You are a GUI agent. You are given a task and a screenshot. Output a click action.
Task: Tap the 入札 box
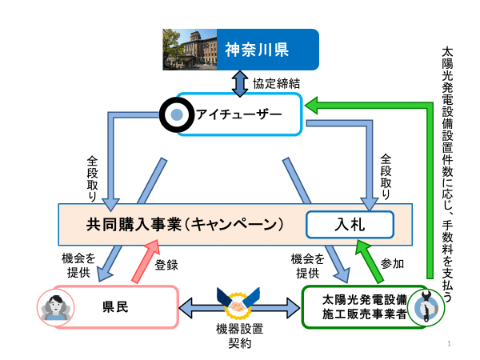click(x=350, y=225)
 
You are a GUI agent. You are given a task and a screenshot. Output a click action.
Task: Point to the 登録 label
click(x=166, y=265)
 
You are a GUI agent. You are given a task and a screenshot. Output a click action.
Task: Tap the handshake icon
click(x=238, y=305)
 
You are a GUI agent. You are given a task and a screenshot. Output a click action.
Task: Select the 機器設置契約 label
click(x=238, y=336)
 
